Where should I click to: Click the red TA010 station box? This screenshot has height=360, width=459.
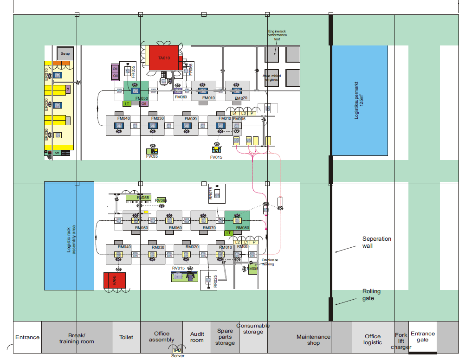(164, 58)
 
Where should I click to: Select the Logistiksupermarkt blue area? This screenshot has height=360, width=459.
(360, 100)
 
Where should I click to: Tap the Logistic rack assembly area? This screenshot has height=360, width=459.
(69, 236)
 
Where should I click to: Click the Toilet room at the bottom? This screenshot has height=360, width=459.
(126, 337)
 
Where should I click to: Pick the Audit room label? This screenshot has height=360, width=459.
(197, 337)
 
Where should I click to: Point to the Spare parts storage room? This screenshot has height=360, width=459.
(225, 337)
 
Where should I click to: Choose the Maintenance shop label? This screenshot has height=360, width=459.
(313, 340)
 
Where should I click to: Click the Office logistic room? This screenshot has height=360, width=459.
(373, 339)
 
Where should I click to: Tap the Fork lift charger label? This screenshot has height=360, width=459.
(401, 341)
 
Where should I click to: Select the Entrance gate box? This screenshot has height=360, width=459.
(423, 336)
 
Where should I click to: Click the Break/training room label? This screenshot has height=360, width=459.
(77, 338)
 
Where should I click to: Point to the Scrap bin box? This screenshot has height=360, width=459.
(65, 54)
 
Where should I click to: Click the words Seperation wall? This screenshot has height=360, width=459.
(376, 242)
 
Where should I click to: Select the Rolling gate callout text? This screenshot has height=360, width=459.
(371, 295)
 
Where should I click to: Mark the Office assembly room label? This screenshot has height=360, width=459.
(162, 336)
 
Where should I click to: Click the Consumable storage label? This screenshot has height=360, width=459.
(253, 328)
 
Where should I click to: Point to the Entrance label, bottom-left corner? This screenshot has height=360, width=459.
(27, 337)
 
